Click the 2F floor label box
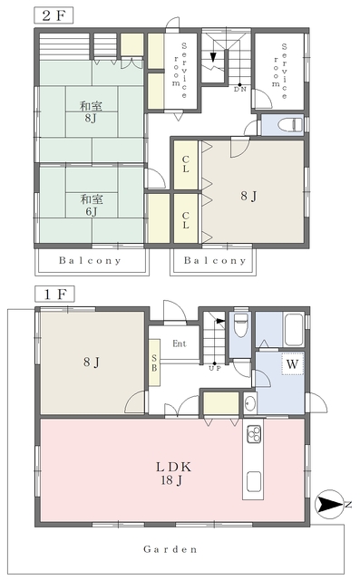click(x=54, y=15)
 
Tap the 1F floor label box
click(x=54, y=294)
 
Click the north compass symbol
click(x=328, y=504)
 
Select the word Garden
click(x=170, y=549)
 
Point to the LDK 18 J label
click(x=173, y=473)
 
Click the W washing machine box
click(x=292, y=363)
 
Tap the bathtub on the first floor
click(x=294, y=330)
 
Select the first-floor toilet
click(x=241, y=325)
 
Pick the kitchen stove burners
click(x=254, y=434)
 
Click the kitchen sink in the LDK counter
click(x=254, y=481)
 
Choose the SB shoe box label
click(x=154, y=362)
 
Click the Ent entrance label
click(x=180, y=343)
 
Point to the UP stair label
click(x=215, y=368)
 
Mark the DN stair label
click(x=239, y=89)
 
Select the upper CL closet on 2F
click(x=186, y=165)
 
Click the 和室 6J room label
click(x=92, y=206)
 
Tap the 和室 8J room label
click(x=91, y=112)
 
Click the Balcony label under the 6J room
click(x=90, y=260)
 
